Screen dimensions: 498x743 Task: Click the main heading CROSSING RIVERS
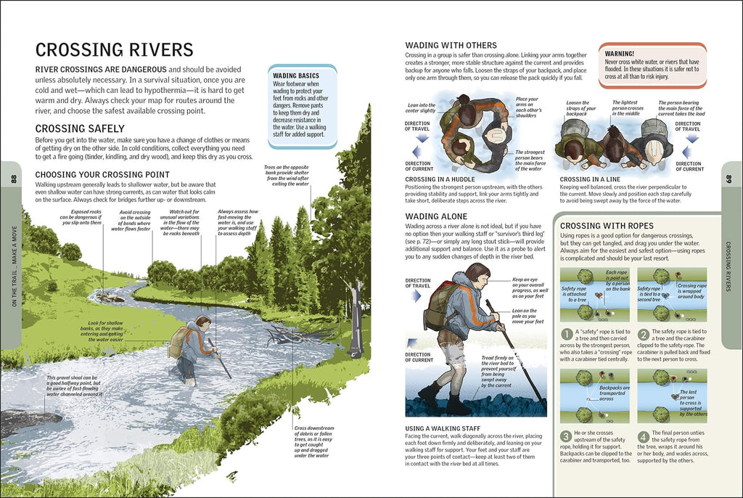click(x=114, y=49)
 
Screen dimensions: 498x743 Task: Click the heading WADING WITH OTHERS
click(x=451, y=45)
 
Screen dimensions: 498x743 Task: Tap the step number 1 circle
click(x=567, y=334)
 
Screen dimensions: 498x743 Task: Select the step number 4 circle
click(x=644, y=436)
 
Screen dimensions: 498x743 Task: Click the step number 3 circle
click(x=567, y=436)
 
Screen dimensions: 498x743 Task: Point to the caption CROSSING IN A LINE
click(x=589, y=179)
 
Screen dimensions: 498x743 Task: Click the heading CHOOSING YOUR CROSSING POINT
click(x=102, y=174)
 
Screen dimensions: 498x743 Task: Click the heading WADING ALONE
click(x=438, y=216)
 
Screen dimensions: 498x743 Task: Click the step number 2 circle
click(x=644, y=334)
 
